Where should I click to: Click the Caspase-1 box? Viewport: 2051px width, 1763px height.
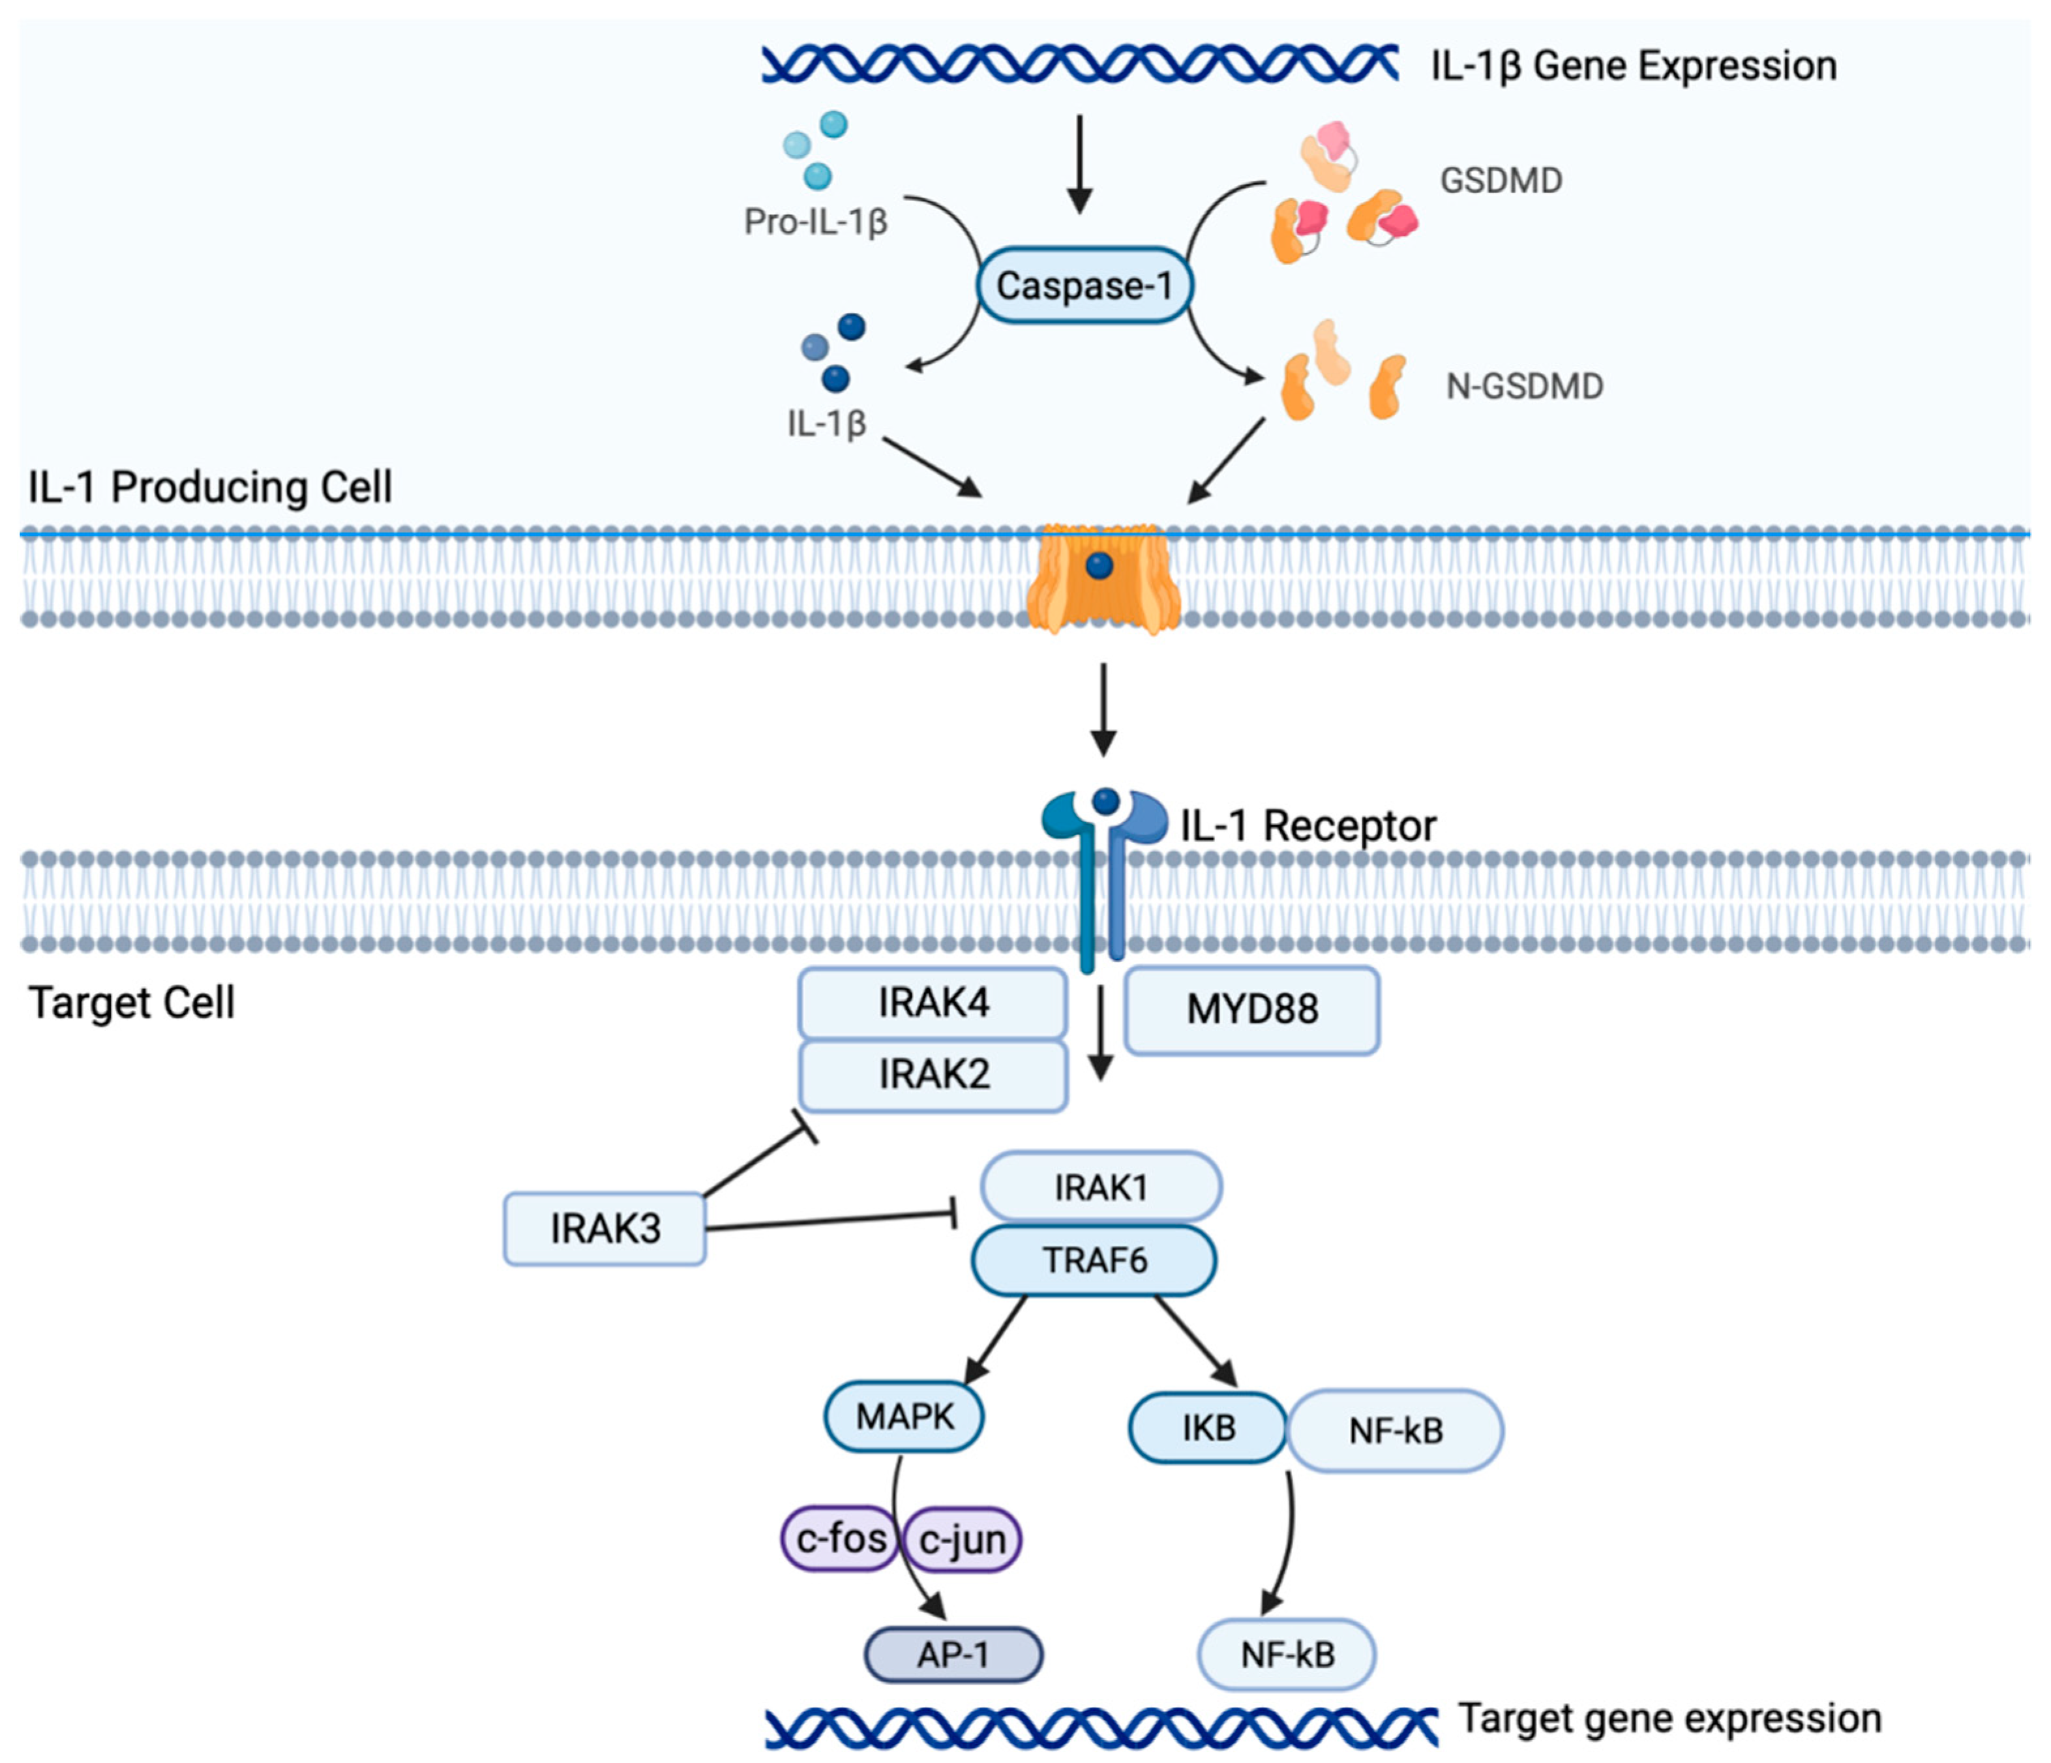click(1084, 285)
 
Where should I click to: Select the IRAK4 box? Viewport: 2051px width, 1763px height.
click(933, 1003)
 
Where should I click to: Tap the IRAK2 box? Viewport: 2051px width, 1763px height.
click(933, 1074)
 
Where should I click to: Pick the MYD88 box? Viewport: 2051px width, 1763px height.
click(1252, 1010)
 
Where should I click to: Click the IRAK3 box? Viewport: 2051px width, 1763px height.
click(605, 1228)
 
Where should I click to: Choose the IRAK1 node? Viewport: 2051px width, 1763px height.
click(1101, 1186)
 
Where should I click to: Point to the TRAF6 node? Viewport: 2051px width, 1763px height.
click(1094, 1260)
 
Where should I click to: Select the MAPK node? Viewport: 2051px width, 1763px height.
click(904, 1417)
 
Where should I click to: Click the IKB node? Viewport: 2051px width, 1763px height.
click(1208, 1429)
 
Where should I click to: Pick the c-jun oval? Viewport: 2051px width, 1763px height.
click(962, 1539)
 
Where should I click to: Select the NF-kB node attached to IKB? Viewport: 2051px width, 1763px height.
click(1395, 1430)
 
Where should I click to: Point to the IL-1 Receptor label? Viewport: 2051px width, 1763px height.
click(1308, 825)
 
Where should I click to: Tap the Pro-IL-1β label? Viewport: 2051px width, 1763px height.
click(816, 222)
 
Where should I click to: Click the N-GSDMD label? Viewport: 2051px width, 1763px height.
click(1525, 386)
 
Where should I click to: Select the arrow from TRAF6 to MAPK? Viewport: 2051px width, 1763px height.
click(994, 1341)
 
